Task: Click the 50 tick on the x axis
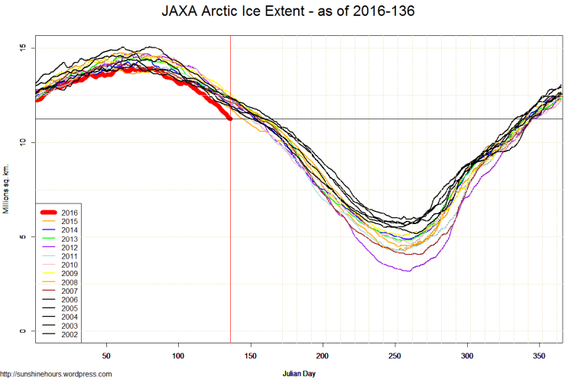point(107,356)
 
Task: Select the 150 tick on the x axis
point(252,356)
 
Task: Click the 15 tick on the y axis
point(22,48)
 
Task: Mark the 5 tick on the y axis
point(22,236)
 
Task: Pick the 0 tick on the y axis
point(22,330)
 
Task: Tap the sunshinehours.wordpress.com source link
point(57,374)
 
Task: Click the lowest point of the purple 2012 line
point(409,271)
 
